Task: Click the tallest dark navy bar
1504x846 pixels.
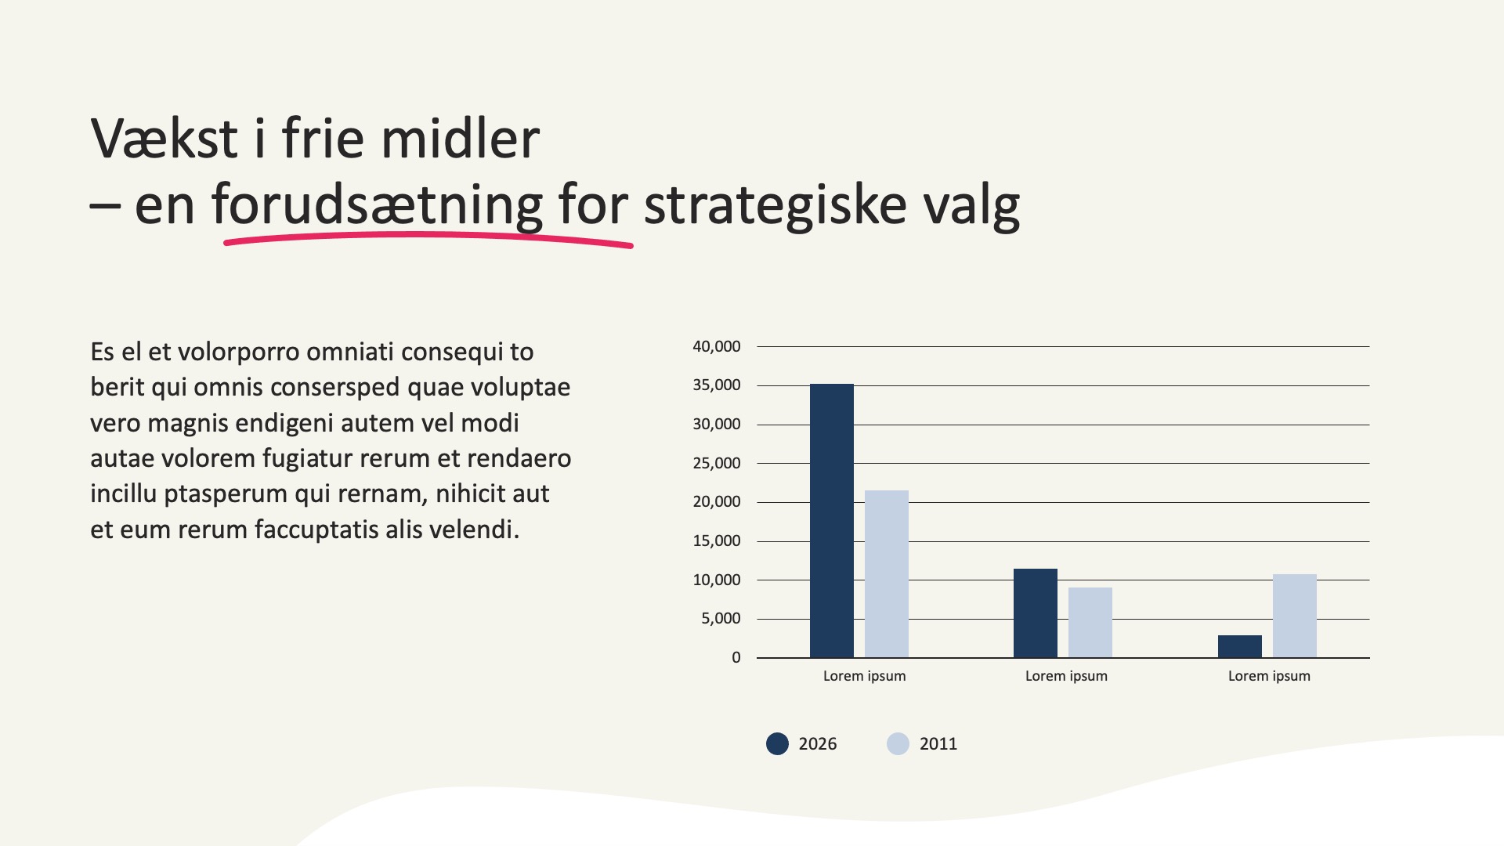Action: click(x=832, y=521)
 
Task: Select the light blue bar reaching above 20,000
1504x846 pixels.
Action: click(x=887, y=574)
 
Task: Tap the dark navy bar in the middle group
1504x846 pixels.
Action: click(x=1036, y=613)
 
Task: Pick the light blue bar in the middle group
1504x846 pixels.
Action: click(x=1090, y=623)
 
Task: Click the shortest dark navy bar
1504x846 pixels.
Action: click(x=1240, y=646)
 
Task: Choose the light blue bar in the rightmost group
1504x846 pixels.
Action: click(x=1295, y=616)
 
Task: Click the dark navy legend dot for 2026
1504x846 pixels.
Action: click(x=777, y=743)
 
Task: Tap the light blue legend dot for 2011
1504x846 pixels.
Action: click(x=898, y=743)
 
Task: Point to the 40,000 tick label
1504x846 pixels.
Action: click(x=717, y=346)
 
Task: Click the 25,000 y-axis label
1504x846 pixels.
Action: click(x=717, y=463)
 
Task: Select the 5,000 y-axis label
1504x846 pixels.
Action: click(x=721, y=619)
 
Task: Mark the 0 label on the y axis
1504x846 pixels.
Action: click(x=736, y=658)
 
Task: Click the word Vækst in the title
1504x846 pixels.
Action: click(x=164, y=139)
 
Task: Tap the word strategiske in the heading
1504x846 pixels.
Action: click(x=775, y=206)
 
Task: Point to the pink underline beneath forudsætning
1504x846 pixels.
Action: click(x=428, y=240)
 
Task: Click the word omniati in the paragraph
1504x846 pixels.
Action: click(x=350, y=352)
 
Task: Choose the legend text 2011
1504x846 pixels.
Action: click(x=938, y=744)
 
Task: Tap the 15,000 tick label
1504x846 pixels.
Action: click(x=717, y=541)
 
